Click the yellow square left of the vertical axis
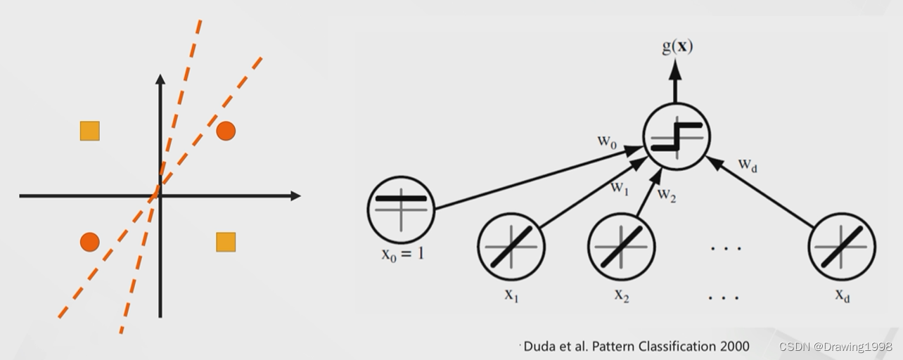pyautogui.click(x=89, y=131)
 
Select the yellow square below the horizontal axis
pyautogui.click(x=226, y=242)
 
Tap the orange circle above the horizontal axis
pyautogui.click(x=226, y=131)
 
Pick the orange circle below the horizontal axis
pyautogui.click(x=89, y=242)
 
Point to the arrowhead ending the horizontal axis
pyautogui.click(x=295, y=195)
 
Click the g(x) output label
pyautogui.click(x=677, y=46)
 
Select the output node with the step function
pyautogui.click(x=677, y=136)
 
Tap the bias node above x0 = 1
pyautogui.click(x=401, y=208)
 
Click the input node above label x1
pyautogui.click(x=511, y=247)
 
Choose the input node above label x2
pyautogui.click(x=621, y=247)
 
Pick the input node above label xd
pyautogui.click(x=842, y=247)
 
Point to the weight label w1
pyautogui.click(x=620, y=188)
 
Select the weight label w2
pyautogui.click(x=667, y=195)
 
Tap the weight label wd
pyautogui.click(x=748, y=165)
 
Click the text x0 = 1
pyautogui.click(x=402, y=253)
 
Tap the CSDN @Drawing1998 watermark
pyautogui.click(x=835, y=347)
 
